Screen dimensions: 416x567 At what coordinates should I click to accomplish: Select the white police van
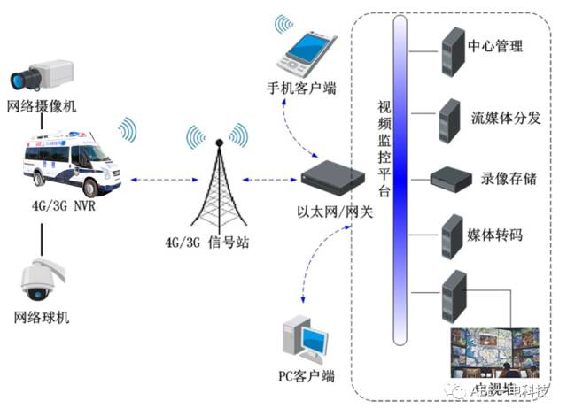(x=69, y=161)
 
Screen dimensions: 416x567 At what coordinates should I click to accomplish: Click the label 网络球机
(x=41, y=318)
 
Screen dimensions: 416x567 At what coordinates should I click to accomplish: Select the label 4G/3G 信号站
(x=207, y=242)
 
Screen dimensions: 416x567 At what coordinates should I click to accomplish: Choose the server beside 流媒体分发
(x=449, y=114)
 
